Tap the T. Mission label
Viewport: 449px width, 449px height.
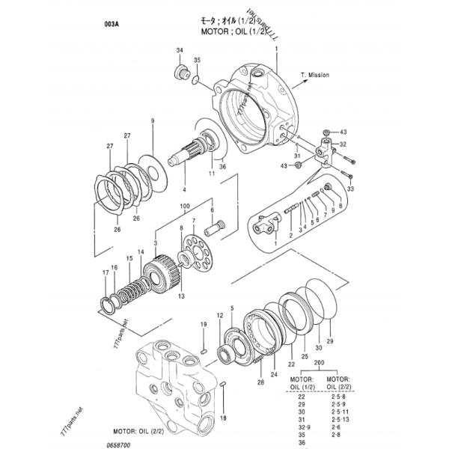click(x=315, y=76)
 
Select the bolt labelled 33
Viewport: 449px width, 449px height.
click(x=349, y=158)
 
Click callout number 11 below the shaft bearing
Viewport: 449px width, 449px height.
click(x=212, y=173)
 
